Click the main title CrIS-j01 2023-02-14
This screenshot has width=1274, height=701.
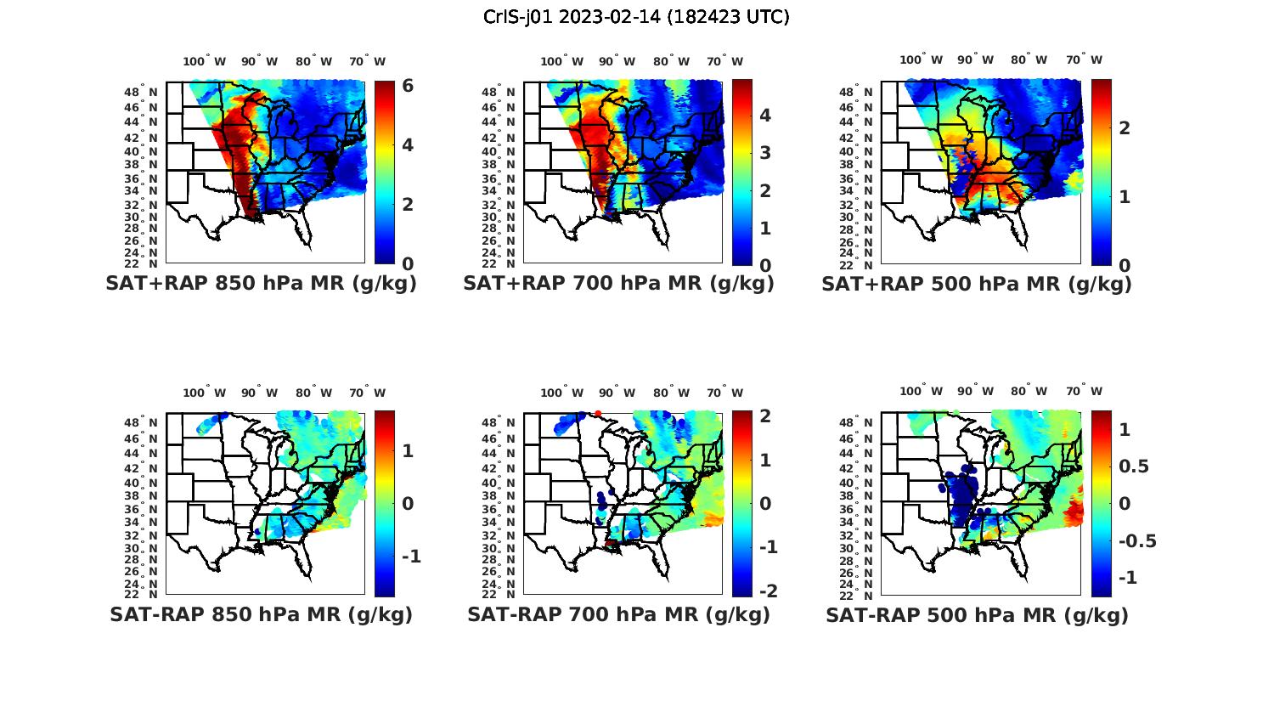(636, 17)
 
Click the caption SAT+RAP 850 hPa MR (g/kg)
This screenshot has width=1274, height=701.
(261, 284)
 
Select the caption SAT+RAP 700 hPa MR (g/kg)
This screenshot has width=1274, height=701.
(618, 284)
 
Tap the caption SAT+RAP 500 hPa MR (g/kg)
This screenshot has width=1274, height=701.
(977, 284)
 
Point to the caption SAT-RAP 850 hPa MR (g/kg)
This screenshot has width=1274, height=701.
(261, 614)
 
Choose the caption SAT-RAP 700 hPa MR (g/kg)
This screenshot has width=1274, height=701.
(618, 614)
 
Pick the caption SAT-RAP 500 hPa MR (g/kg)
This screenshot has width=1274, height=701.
(977, 614)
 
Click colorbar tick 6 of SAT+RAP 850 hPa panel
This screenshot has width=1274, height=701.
(408, 86)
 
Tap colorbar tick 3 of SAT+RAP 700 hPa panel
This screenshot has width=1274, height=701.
(765, 153)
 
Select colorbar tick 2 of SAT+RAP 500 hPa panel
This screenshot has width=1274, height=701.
(1125, 127)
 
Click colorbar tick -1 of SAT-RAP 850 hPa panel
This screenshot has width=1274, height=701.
(411, 557)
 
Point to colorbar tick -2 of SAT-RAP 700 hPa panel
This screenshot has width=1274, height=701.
(767, 591)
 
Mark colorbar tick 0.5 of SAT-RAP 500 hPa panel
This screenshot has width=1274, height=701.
(1135, 466)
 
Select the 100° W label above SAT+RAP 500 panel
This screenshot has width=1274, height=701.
(921, 59)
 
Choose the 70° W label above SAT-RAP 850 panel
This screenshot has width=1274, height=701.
(367, 393)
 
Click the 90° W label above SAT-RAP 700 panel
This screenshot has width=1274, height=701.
(617, 393)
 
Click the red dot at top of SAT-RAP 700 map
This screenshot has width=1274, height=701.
(598, 414)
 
